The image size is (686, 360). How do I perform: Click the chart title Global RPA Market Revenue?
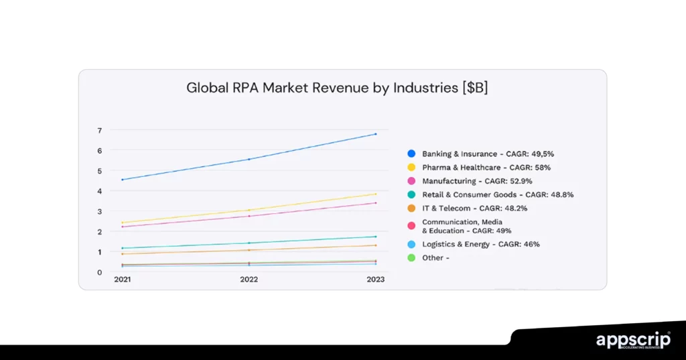pyautogui.click(x=337, y=88)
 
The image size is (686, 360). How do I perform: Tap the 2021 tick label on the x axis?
pyautogui.click(x=122, y=280)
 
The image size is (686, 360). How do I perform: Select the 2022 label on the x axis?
pyautogui.click(x=249, y=280)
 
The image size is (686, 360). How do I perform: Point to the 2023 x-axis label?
pyautogui.click(x=375, y=280)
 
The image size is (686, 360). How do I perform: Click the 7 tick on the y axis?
pyautogui.click(x=99, y=130)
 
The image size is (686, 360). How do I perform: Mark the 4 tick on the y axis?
pyautogui.click(x=99, y=191)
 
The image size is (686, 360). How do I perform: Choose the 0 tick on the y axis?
pyautogui.click(x=99, y=272)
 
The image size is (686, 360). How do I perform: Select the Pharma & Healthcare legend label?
pyautogui.click(x=486, y=168)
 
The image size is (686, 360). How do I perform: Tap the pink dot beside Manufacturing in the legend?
pyautogui.click(x=411, y=181)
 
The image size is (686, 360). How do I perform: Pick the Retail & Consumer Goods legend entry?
pyautogui.click(x=497, y=194)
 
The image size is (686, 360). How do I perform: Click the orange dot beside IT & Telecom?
pyautogui.click(x=411, y=208)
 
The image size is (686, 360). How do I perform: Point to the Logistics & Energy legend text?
pyautogui.click(x=480, y=244)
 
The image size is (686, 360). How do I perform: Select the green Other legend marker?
pyautogui.click(x=411, y=257)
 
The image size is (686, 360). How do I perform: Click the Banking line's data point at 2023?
pyautogui.click(x=375, y=134)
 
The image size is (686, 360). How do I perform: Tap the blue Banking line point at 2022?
pyautogui.click(x=249, y=159)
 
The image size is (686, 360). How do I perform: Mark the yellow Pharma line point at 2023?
pyautogui.click(x=375, y=194)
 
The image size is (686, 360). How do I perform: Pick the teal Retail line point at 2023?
pyautogui.click(x=375, y=237)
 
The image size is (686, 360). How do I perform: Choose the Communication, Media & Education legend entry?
pyautogui.click(x=462, y=226)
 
